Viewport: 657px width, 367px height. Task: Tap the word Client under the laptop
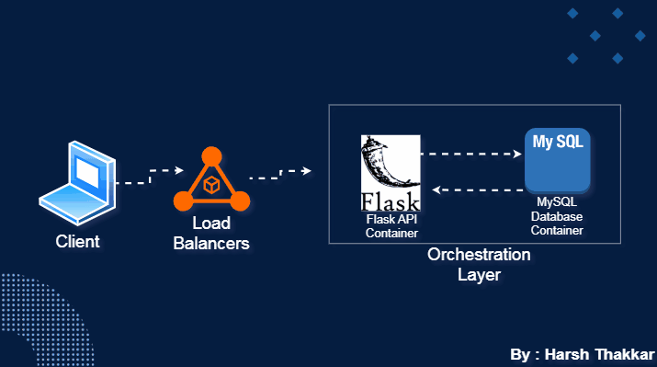(77, 243)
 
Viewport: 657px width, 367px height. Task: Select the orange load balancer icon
(210, 180)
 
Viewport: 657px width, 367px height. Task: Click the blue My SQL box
(557, 159)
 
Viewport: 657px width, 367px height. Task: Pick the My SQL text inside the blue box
(557, 143)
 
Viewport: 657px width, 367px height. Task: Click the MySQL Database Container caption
(559, 215)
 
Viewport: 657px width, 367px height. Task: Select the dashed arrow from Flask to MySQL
(470, 155)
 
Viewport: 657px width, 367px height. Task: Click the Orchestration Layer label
(479, 264)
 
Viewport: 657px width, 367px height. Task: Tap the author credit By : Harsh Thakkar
(580, 354)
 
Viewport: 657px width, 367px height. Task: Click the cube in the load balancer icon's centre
(210, 185)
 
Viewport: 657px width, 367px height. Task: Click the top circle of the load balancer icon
(210, 155)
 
